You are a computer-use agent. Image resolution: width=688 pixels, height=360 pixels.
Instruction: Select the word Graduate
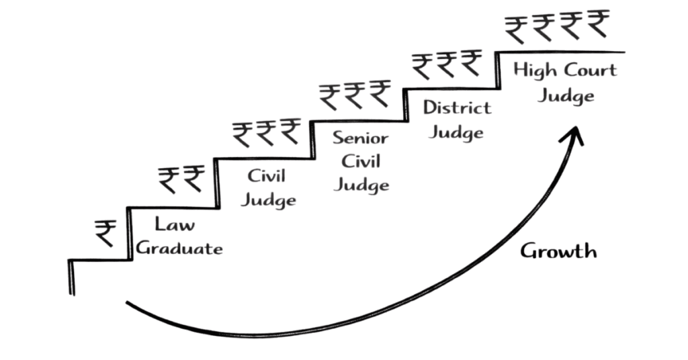(x=179, y=249)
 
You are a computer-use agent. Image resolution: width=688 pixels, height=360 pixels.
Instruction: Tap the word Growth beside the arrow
(x=558, y=252)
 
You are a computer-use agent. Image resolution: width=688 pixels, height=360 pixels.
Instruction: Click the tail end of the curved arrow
(x=128, y=304)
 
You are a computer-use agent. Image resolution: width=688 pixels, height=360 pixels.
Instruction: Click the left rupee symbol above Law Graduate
(x=168, y=180)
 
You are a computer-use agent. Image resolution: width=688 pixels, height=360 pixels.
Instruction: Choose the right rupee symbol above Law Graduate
(x=194, y=180)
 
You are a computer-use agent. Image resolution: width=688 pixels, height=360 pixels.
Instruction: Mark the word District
(x=457, y=107)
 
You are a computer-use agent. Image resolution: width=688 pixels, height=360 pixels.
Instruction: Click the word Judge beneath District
(x=456, y=132)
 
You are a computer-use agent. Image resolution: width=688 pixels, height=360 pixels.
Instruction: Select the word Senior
(x=361, y=138)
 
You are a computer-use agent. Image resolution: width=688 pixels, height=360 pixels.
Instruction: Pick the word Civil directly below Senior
(x=361, y=161)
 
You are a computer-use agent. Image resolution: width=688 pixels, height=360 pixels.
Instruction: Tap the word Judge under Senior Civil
(x=361, y=184)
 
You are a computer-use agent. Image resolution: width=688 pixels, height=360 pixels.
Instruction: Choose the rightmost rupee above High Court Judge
(x=597, y=24)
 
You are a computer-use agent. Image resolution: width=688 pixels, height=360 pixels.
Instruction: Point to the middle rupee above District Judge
(x=446, y=64)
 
